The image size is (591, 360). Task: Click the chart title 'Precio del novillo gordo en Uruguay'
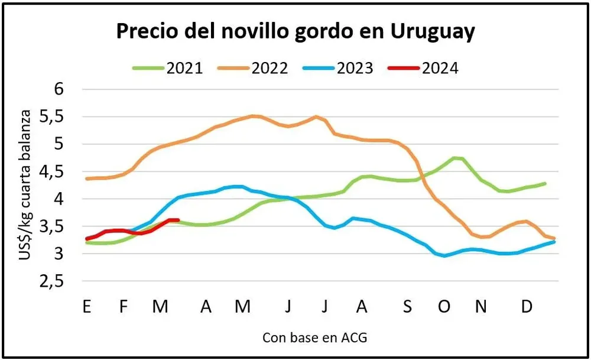pyautogui.click(x=295, y=33)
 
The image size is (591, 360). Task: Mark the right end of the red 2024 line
pyautogui.click(x=178, y=220)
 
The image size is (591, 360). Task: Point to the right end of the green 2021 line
pyautogui.click(x=544, y=183)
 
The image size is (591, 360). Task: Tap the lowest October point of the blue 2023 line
pyautogui.click(x=444, y=255)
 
